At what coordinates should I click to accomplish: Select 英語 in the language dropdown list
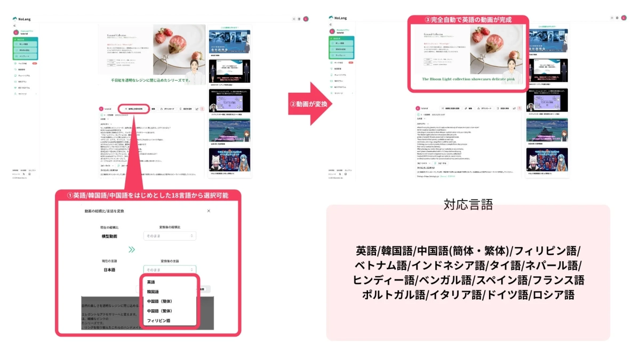(151, 282)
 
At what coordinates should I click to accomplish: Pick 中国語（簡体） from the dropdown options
(159, 301)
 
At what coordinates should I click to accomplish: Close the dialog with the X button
(209, 211)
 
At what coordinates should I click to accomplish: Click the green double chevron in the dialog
(132, 249)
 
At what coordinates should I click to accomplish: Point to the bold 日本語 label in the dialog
(109, 270)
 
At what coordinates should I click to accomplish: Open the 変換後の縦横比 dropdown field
(170, 236)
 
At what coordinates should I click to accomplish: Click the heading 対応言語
(468, 204)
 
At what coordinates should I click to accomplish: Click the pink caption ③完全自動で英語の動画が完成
(468, 20)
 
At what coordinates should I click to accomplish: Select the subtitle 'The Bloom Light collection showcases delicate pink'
(468, 79)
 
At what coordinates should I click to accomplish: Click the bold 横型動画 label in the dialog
(109, 236)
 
